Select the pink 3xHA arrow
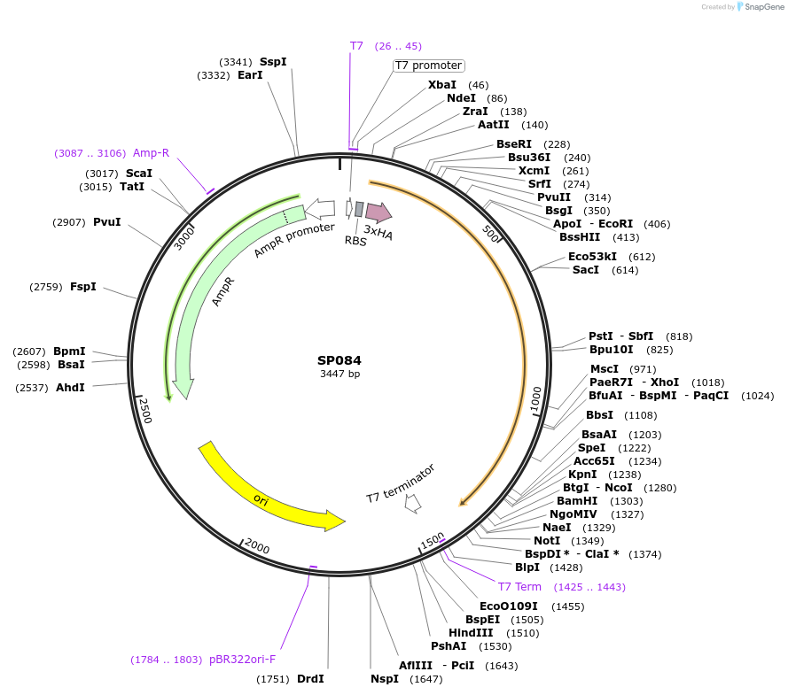[x=378, y=212]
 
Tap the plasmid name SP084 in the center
[x=339, y=360]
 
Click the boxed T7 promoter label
[x=428, y=66]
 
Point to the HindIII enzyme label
[x=471, y=633]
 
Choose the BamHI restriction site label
[x=577, y=501]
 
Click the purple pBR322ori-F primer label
[x=242, y=660]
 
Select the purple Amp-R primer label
[x=151, y=153]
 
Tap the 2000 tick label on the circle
[x=257, y=546]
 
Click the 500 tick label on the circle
[x=490, y=234]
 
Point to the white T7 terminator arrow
[x=413, y=503]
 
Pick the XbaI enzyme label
[x=442, y=85]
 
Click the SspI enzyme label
[x=273, y=62]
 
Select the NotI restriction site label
[x=547, y=541]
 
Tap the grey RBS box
[x=359, y=209]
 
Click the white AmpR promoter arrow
[x=320, y=209]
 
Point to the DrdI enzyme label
[x=310, y=679]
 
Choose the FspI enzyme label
[x=83, y=287]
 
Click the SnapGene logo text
[x=764, y=7]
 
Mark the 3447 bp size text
[x=339, y=374]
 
